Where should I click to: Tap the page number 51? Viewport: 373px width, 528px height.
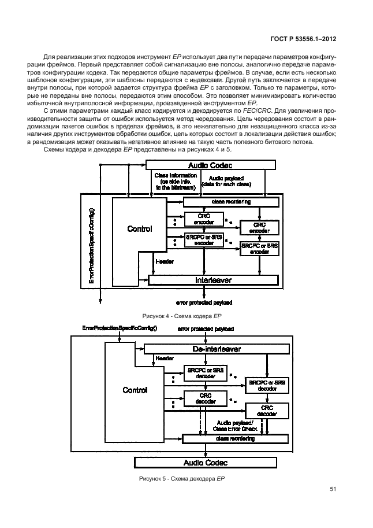pos(333,489)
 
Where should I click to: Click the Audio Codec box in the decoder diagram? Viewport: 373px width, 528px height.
pos(206,462)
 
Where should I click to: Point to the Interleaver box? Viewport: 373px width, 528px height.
pos(214,280)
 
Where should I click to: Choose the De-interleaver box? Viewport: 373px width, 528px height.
pos(216,349)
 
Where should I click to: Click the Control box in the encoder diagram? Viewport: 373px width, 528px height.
pos(139,229)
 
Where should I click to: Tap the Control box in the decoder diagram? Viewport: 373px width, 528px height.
pos(135,390)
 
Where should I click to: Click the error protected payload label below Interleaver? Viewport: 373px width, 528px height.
pos(204,302)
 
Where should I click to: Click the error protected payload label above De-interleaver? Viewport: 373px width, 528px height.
pos(206,328)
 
